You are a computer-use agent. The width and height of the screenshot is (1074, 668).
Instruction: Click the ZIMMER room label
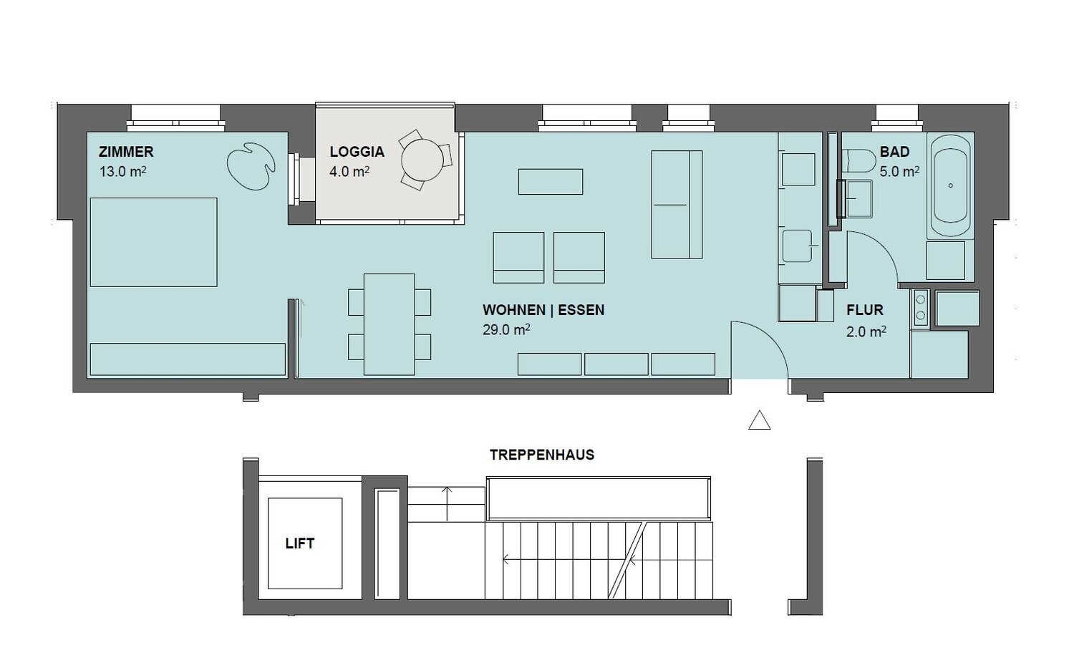126,152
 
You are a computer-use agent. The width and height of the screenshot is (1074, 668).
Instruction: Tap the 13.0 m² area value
122,171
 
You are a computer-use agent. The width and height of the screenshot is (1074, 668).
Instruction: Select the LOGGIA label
357,152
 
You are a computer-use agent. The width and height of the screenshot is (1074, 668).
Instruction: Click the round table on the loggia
422,160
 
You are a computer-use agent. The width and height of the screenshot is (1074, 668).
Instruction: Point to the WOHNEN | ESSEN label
543,310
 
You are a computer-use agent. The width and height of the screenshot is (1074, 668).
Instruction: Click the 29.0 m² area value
506,330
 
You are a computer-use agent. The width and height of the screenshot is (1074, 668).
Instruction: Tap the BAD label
895,152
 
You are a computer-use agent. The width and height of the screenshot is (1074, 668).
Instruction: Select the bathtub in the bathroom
951,185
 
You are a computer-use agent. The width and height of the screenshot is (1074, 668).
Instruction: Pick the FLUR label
865,310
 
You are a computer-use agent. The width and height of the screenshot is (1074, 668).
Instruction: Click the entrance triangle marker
760,420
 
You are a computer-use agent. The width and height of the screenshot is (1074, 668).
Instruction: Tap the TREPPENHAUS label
542,455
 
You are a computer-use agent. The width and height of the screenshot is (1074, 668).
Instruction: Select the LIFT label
300,543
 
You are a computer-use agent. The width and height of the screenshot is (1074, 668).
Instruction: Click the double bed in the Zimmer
153,242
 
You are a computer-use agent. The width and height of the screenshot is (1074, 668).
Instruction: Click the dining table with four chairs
390,324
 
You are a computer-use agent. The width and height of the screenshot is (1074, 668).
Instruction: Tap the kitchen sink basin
797,246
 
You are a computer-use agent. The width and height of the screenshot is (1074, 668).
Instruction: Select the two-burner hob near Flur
921,308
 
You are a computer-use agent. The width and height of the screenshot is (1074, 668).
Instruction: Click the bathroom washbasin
858,198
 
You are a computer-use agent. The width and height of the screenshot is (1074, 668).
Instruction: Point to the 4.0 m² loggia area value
349,171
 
